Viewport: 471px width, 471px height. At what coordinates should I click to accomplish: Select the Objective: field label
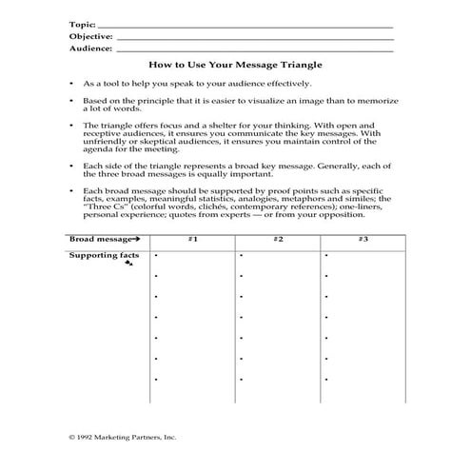(x=90, y=35)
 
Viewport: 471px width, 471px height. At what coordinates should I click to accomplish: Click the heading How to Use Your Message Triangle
(x=235, y=66)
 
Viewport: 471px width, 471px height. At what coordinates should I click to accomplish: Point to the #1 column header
(x=192, y=238)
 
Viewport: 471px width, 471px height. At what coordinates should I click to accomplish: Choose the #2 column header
(x=277, y=238)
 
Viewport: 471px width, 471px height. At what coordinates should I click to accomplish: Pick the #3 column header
(x=363, y=238)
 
